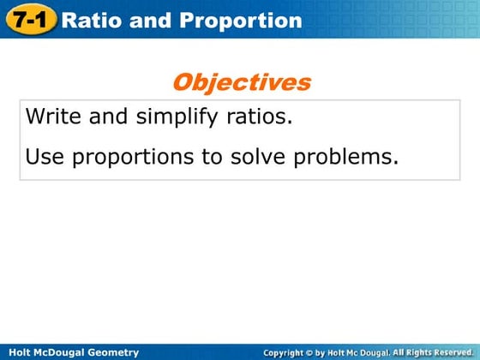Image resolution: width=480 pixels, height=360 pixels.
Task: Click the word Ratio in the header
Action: [93, 20]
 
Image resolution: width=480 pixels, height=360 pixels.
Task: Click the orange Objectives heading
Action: [241, 82]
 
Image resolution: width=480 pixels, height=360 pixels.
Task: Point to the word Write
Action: [53, 117]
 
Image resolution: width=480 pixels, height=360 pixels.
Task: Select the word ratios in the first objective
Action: [260, 117]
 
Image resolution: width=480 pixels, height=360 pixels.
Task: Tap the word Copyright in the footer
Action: [286, 352]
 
